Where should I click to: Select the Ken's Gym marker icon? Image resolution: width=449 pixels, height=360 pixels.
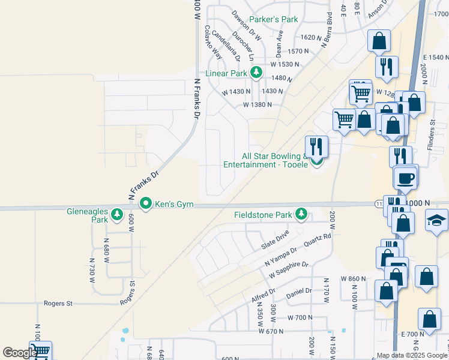145,204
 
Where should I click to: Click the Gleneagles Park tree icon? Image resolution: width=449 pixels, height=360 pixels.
117,214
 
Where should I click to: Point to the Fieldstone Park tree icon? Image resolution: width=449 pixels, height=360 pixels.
301,214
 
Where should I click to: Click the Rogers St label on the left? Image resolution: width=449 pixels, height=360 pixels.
58,304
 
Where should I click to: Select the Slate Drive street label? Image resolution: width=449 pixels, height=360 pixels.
276,239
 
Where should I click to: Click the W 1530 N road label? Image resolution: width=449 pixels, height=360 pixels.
285,64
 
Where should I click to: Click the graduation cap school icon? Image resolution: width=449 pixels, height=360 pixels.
436,220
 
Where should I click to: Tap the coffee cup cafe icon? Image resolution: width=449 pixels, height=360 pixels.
405,177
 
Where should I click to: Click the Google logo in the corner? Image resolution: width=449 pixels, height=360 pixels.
19,353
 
